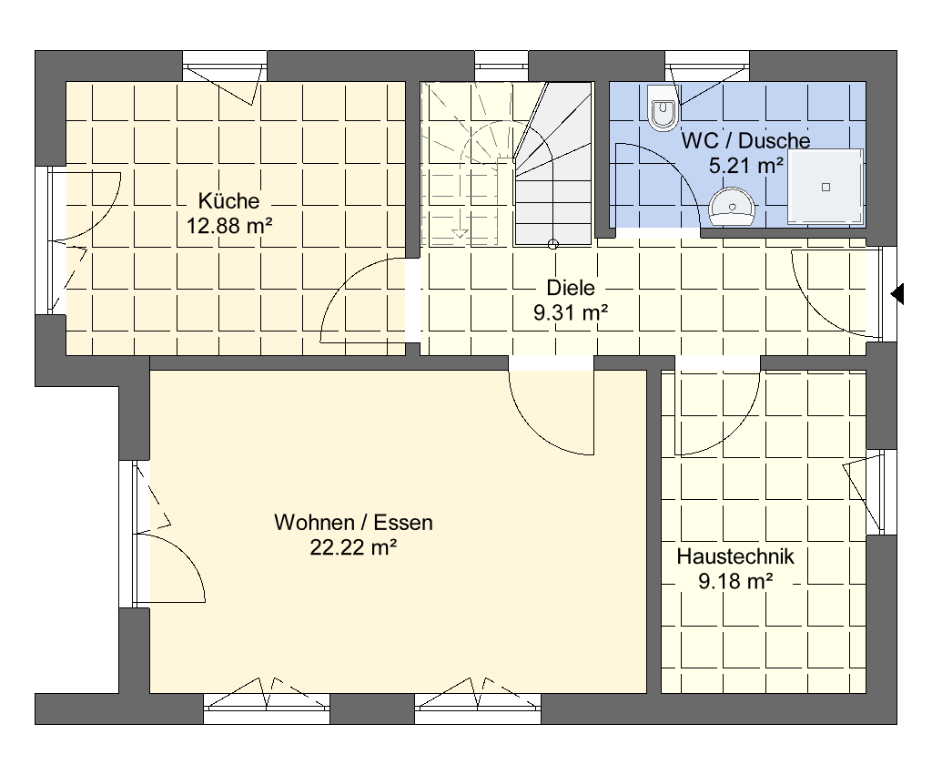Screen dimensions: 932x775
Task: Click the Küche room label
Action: pos(228,200)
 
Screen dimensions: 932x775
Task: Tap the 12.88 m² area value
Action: pos(229,226)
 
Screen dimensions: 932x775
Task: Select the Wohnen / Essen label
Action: pos(354,522)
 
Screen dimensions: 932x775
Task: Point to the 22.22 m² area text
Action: pos(353,547)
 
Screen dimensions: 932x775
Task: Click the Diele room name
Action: pos(571,288)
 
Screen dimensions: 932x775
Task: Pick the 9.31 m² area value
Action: pos(571,313)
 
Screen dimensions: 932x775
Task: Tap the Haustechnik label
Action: pos(735,556)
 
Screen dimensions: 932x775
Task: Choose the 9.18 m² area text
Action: pos(735,581)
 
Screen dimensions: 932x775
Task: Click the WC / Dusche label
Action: pos(745,140)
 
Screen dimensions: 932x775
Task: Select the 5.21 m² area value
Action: pos(745,166)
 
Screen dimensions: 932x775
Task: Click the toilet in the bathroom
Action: pos(663,107)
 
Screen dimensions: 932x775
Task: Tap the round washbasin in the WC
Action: pos(733,207)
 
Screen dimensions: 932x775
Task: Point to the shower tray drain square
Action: pos(826,188)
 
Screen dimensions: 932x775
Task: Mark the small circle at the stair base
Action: pos(552,244)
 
